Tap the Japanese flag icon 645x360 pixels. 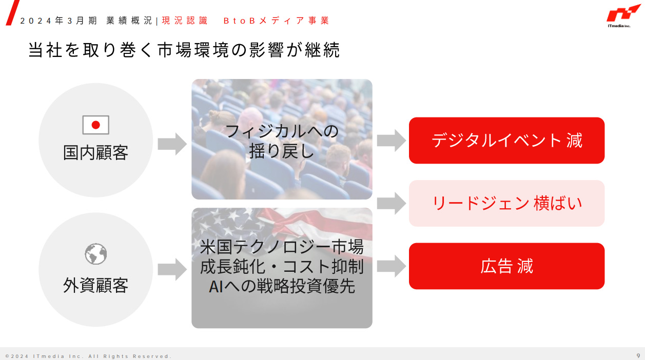[95, 125]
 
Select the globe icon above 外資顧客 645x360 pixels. [95, 254]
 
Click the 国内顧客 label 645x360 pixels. [95, 152]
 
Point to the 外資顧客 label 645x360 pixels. [95, 285]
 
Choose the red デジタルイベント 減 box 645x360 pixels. [506, 141]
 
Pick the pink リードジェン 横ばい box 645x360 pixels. [506, 204]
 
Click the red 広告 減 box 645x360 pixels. [506, 266]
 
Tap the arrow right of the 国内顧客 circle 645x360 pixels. [172, 143]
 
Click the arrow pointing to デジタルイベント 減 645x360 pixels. [391, 141]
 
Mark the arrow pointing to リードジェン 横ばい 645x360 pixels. [391, 204]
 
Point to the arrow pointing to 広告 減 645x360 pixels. [391, 266]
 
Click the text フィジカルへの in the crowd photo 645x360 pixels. [282, 131]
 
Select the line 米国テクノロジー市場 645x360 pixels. [282, 247]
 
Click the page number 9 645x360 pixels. [638, 355]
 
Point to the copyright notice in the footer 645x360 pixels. [88, 356]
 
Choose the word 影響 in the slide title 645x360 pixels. [262, 51]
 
